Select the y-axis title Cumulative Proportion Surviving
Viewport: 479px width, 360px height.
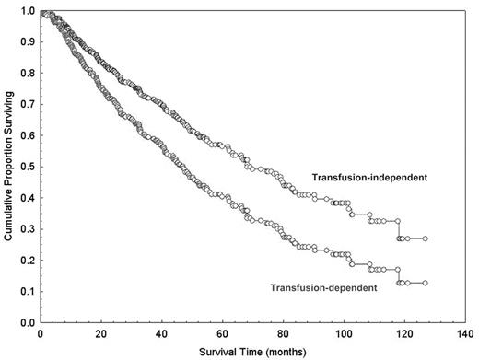click(7, 161)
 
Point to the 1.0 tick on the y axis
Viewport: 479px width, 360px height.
click(28, 11)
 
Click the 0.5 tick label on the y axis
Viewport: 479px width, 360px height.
click(28, 168)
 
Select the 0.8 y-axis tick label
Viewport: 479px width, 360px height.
click(28, 74)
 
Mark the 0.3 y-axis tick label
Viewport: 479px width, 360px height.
click(28, 230)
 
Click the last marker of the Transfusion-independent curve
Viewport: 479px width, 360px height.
click(425, 238)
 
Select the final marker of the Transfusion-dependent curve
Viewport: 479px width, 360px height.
click(425, 283)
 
